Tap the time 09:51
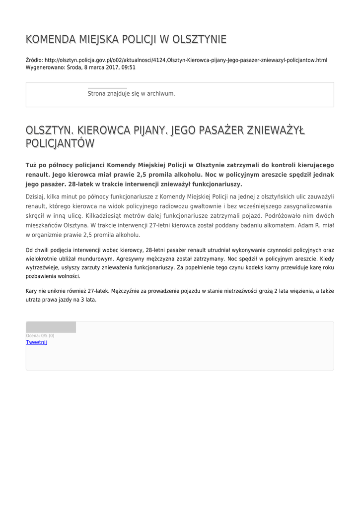point(128,67)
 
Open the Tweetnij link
point(36,342)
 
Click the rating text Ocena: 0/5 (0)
point(40,336)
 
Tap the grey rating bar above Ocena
point(51,327)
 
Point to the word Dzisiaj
point(35,197)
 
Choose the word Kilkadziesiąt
point(106,216)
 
